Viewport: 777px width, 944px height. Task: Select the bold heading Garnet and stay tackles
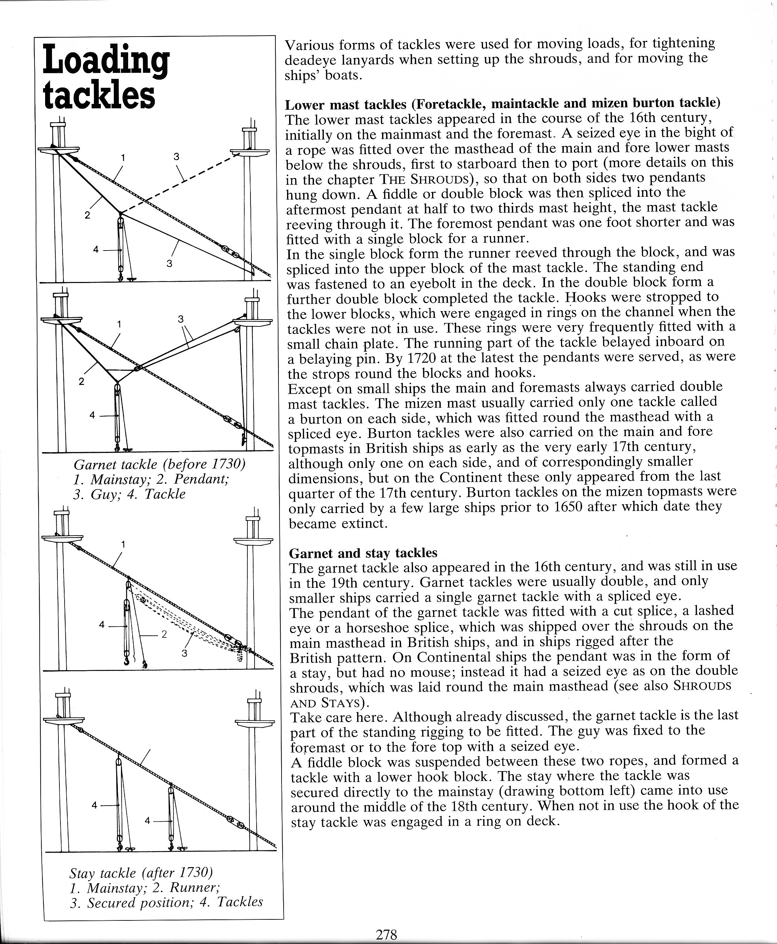click(363, 553)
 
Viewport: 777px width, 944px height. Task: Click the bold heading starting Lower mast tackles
click(503, 104)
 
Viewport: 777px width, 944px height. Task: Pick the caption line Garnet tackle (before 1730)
click(159, 464)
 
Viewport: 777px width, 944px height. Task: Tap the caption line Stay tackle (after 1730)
click(140, 873)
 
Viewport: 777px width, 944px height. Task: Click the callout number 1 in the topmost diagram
click(123, 158)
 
